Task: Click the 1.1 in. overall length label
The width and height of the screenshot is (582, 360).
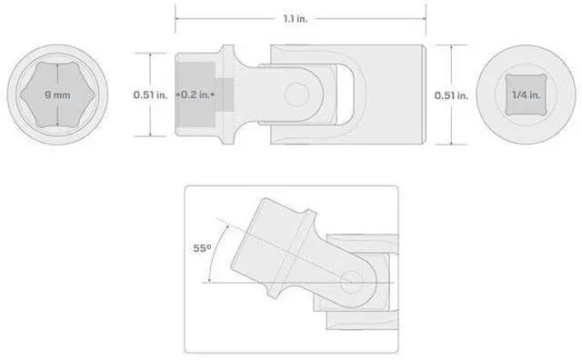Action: [x=296, y=18]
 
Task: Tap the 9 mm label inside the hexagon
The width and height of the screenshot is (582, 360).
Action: [x=57, y=95]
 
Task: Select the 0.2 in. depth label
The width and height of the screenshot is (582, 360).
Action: [x=196, y=95]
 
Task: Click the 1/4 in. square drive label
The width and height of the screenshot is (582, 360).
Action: [x=526, y=95]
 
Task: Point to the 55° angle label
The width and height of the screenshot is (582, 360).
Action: [x=202, y=248]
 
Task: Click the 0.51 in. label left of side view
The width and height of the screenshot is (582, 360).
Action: [x=150, y=95]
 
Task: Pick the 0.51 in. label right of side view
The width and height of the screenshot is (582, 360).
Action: [x=451, y=95]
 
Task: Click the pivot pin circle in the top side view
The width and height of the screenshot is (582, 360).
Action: [x=297, y=95]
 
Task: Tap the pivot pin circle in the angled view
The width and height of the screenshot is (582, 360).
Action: [x=352, y=282]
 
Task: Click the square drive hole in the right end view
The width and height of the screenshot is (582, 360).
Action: [x=526, y=95]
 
